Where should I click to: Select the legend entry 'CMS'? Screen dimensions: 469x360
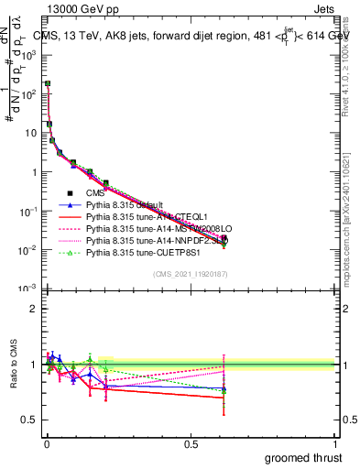pyautogui.click(x=95, y=192)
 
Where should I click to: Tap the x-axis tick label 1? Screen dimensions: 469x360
pyautogui.click(x=336, y=444)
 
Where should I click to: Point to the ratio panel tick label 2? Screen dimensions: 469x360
pyautogui.click(x=32, y=310)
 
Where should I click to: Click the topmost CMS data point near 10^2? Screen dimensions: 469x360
pyautogui.click(x=48, y=84)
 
